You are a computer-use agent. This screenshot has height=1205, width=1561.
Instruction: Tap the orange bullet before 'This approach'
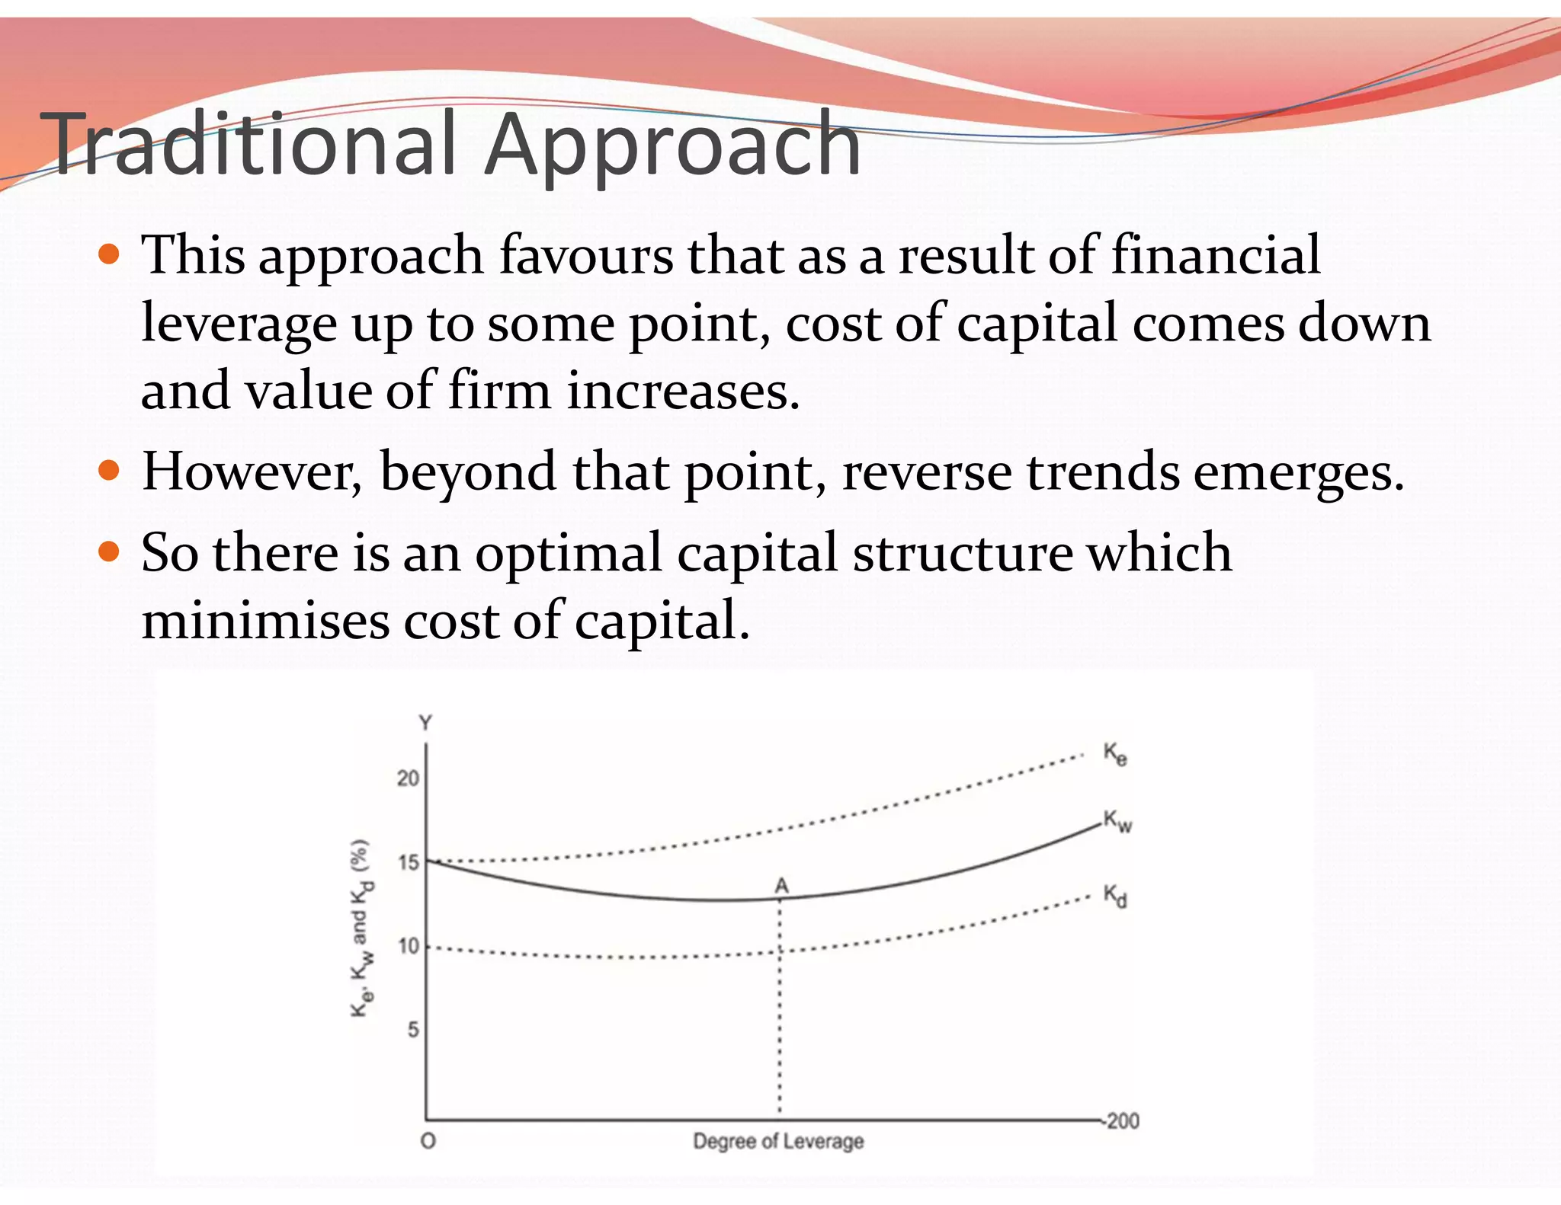[x=110, y=254]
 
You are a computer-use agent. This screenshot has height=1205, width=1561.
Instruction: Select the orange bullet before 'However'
[x=110, y=470]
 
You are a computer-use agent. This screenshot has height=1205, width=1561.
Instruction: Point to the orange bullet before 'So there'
[x=110, y=551]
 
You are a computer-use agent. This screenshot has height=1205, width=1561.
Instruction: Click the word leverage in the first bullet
[x=239, y=324]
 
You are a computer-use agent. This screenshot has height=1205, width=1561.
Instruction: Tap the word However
[x=252, y=471]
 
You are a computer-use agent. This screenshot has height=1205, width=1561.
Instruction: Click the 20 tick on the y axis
[x=408, y=778]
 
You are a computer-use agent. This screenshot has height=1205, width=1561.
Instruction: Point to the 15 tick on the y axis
[x=409, y=862]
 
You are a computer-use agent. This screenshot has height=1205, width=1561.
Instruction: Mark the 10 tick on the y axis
[x=409, y=946]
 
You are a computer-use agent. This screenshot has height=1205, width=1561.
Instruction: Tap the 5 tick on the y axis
[x=413, y=1030]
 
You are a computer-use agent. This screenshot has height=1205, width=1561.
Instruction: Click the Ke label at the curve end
[x=1115, y=754]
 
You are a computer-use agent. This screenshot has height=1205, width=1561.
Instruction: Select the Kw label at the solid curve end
[x=1117, y=821]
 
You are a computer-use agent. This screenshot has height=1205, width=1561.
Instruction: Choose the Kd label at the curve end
[x=1115, y=896]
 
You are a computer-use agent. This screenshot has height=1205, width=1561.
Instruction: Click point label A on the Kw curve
[x=781, y=886]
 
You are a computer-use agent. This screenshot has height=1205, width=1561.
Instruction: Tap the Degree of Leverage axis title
[x=778, y=1141]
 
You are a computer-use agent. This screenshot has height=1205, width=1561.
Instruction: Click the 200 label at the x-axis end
[x=1123, y=1121]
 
